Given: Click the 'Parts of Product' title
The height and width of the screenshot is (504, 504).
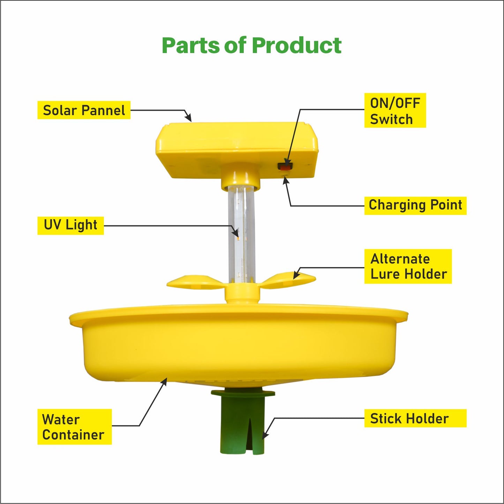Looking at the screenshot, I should pyautogui.click(x=251, y=45).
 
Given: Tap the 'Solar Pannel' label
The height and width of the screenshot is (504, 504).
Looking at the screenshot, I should pyautogui.click(x=84, y=110).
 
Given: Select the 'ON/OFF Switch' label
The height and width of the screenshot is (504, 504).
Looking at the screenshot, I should pyautogui.click(x=395, y=111).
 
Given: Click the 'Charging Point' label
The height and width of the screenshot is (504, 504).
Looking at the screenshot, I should pyautogui.click(x=415, y=205).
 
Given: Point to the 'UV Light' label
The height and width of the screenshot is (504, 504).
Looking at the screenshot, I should pyautogui.click(x=70, y=225).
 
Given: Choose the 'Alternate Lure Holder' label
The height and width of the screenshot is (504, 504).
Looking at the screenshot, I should pyautogui.click(x=408, y=266).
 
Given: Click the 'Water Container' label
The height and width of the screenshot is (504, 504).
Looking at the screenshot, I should pyautogui.click(x=74, y=427).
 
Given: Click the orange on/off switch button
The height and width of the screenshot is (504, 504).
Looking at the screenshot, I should pyautogui.click(x=285, y=167).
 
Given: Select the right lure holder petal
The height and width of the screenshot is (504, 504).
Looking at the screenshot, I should pyautogui.click(x=289, y=280).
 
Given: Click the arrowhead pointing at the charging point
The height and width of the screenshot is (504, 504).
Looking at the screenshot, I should pyautogui.click(x=286, y=180).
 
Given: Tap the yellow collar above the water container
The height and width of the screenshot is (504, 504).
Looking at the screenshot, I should pyautogui.click(x=242, y=294).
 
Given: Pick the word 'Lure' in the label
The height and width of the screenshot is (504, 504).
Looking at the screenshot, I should pyautogui.click(x=385, y=274).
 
